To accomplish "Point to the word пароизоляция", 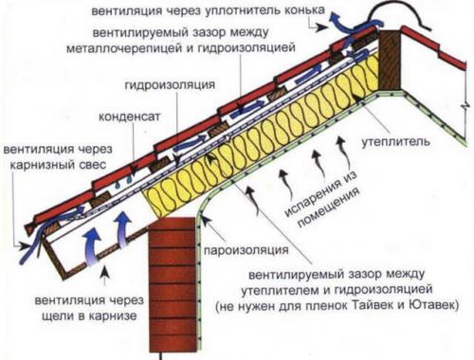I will point(248,253).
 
